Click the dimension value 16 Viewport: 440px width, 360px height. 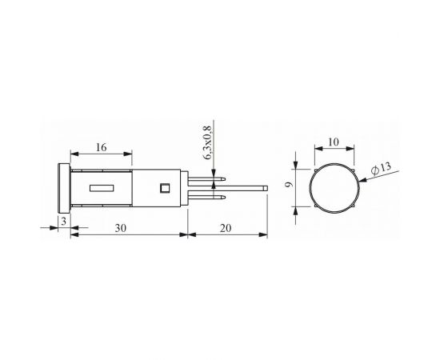pyautogui.click(x=102, y=147)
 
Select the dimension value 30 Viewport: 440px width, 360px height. pyautogui.click(x=120, y=229)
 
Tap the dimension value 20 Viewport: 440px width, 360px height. pyautogui.click(x=226, y=229)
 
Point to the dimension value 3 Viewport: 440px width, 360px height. pyautogui.click(x=64, y=222)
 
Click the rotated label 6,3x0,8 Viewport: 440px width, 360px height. pyautogui.click(x=207, y=143)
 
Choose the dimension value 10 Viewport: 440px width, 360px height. pyautogui.click(x=334, y=142)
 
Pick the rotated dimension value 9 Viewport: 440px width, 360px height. pyautogui.click(x=289, y=185)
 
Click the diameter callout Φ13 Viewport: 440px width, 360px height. pyautogui.click(x=381, y=168)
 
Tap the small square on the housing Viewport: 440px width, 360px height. pyautogui.click(x=165, y=188)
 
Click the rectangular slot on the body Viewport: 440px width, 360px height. pyautogui.click(x=102, y=188)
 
